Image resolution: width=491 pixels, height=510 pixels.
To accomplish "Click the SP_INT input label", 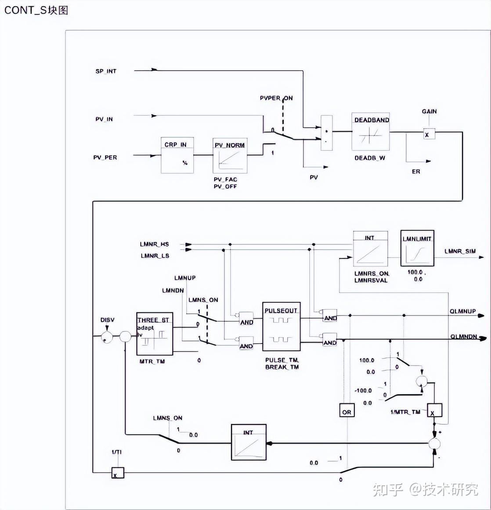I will coord(106,71).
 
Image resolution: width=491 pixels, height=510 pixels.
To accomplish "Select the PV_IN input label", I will coord(104,119).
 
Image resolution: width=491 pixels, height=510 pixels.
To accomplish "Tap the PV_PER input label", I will coord(105,157).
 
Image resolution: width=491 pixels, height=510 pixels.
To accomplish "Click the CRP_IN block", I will coord(177,155).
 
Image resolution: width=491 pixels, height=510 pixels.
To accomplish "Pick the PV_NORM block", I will coord(230,155).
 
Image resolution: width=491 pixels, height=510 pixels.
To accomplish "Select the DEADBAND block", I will coord(371,132).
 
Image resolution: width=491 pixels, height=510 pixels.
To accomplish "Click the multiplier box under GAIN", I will coord(429,134).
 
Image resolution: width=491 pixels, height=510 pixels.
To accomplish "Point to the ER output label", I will coord(415,172).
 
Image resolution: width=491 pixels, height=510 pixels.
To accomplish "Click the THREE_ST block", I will coord(154,334).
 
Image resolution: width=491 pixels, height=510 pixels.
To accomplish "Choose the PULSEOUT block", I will coord(281,327).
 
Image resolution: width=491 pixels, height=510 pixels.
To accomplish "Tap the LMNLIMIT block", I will coord(417,248).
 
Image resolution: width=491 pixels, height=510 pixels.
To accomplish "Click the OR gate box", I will coord(347,410).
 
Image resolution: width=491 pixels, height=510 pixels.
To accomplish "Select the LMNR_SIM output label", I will coord(459,251).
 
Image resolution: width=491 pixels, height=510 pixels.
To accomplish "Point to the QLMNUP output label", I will coord(462,311).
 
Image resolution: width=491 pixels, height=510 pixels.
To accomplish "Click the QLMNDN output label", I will coord(463,337).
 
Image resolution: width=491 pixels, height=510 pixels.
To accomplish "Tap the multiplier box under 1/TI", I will coord(117,473).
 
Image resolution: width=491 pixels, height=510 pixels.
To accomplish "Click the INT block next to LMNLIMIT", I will coord(370,249).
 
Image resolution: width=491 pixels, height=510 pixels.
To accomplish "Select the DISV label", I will coord(107,320).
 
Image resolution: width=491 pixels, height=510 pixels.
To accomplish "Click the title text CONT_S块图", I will coord(36,10).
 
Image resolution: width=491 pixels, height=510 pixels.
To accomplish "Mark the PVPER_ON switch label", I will coord(276,98).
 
